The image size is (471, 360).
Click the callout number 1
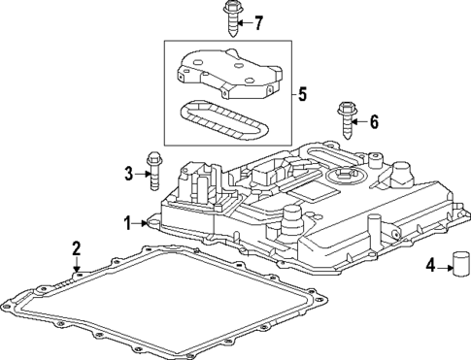click(x=126, y=222)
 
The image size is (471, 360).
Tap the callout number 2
click(x=76, y=250)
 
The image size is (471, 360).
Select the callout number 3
click(x=127, y=175)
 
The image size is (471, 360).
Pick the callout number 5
click(x=302, y=95)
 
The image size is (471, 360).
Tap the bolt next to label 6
click(x=345, y=120)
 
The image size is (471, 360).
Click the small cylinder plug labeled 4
click(x=460, y=263)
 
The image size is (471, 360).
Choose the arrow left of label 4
click(x=443, y=264)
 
